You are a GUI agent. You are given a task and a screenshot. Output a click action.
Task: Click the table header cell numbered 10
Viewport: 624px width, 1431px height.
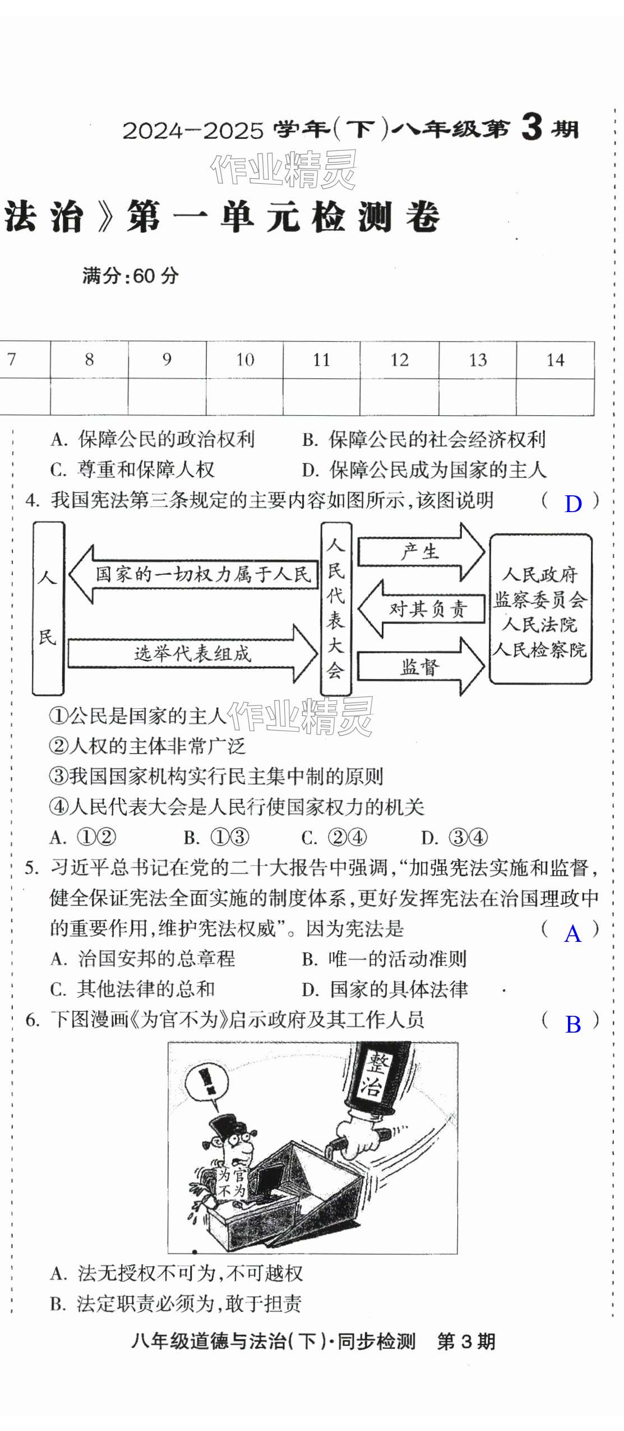click(245, 359)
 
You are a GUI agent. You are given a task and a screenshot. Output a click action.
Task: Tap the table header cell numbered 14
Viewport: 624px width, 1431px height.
click(555, 360)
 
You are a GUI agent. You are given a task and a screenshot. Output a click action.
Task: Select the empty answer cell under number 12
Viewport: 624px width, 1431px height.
click(399, 397)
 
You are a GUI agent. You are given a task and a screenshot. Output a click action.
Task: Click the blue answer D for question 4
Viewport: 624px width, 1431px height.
click(573, 504)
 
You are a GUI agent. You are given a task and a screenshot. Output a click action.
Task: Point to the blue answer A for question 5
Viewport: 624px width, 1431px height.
click(573, 933)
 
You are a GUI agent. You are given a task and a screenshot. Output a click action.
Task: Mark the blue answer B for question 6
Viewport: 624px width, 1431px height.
click(573, 1024)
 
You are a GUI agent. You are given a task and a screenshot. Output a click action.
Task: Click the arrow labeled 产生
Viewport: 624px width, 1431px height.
click(420, 552)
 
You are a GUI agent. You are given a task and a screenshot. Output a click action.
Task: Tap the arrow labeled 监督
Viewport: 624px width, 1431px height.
click(420, 666)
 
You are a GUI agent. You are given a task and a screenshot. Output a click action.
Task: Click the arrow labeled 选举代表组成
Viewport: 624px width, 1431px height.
click(192, 653)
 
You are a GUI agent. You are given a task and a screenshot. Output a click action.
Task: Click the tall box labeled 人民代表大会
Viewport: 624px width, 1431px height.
click(335, 608)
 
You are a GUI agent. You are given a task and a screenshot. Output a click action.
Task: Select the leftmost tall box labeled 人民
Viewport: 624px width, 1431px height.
click(48, 608)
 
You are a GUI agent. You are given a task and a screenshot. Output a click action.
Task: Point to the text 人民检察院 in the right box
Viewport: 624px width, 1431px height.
click(540, 650)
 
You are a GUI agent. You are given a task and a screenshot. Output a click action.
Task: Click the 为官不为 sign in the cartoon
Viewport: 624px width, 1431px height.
click(232, 1183)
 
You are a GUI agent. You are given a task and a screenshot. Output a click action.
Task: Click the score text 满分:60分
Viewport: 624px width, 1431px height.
click(131, 276)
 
